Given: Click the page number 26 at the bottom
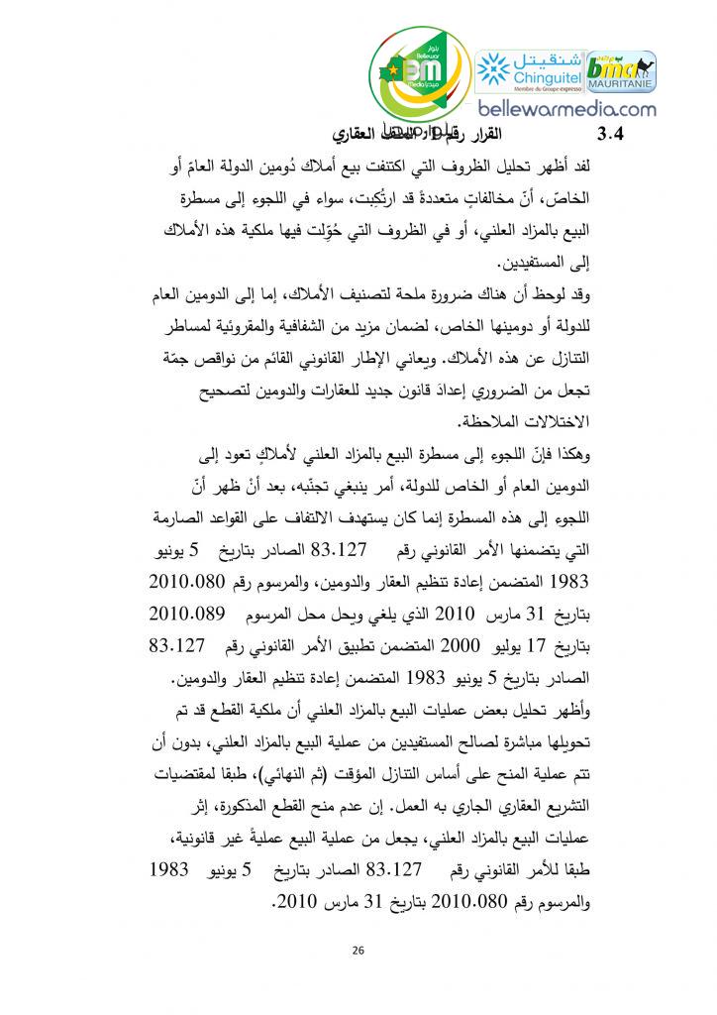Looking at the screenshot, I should (x=358, y=951).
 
